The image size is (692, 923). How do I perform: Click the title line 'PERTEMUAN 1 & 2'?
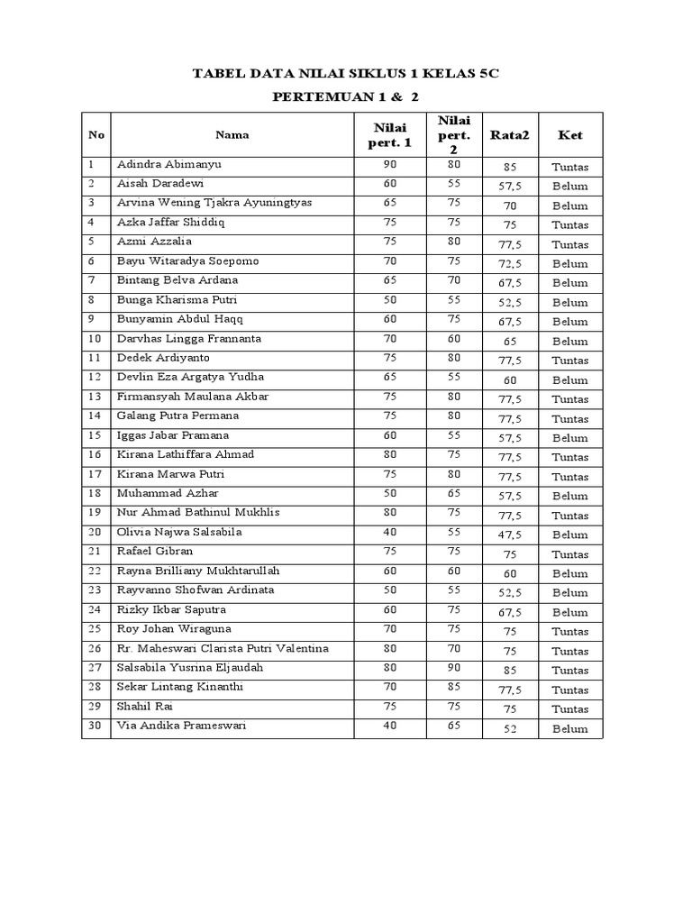(x=347, y=96)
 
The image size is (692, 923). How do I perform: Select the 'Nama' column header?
(x=232, y=135)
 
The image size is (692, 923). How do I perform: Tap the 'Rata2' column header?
(x=510, y=135)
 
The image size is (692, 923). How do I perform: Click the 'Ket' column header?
(x=570, y=135)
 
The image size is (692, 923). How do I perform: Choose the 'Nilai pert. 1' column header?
(x=390, y=135)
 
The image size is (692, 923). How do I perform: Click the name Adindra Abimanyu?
(x=168, y=165)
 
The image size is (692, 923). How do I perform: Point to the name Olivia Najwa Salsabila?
(x=180, y=533)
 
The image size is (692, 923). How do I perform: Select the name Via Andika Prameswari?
(x=181, y=726)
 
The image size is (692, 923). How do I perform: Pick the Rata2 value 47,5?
(x=510, y=535)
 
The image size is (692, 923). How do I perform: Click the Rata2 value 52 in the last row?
(x=510, y=729)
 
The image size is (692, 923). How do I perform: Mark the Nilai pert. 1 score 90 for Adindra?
(x=390, y=165)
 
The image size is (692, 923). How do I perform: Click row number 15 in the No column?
(x=95, y=435)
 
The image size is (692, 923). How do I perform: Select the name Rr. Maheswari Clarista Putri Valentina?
(x=223, y=649)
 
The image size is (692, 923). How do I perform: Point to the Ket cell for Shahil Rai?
(x=570, y=709)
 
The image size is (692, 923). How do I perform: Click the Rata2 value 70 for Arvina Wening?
(x=510, y=206)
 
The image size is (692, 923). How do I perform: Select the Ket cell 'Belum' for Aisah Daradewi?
(x=570, y=187)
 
